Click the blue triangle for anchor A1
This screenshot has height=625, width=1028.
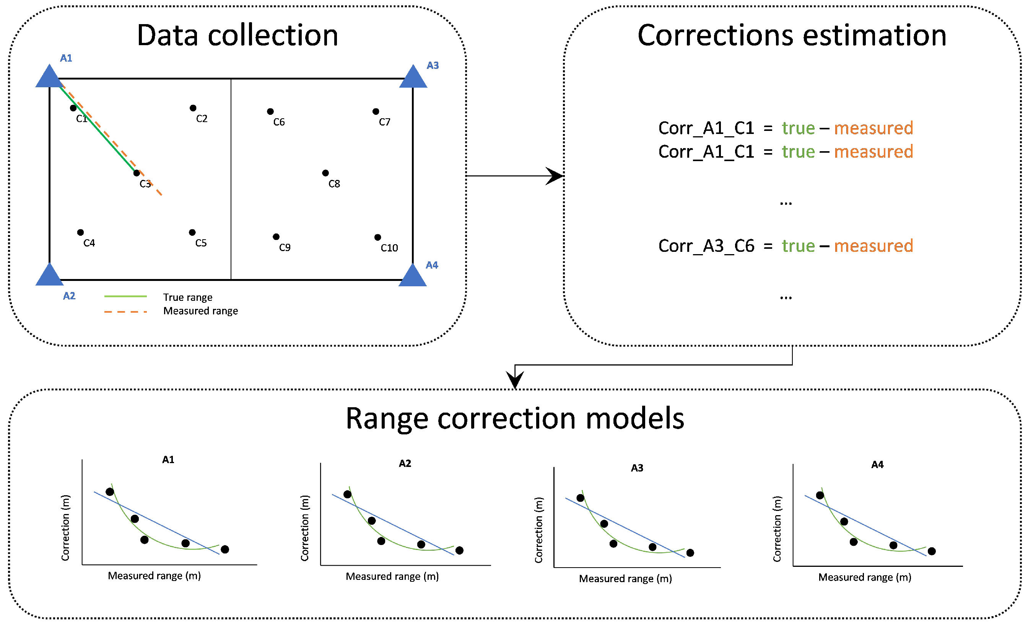click(49, 78)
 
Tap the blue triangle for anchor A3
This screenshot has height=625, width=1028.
click(413, 78)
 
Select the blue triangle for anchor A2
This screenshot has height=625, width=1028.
click(49, 276)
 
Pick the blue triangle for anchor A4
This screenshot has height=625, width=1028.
click(413, 276)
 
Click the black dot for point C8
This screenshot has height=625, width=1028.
click(325, 173)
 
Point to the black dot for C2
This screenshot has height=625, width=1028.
click(193, 108)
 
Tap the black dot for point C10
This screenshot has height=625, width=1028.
click(377, 237)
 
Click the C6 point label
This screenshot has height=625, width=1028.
click(279, 122)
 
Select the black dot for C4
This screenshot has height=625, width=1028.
click(81, 232)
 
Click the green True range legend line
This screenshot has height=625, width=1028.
click(125, 296)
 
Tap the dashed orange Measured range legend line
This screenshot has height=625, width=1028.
click(125, 312)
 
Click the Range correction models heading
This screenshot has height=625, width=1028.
click(515, 418)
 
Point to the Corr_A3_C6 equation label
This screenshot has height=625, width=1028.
click(706, 246)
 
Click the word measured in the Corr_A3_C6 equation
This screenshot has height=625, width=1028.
click(873, 246)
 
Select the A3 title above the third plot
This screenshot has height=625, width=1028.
click(637, 468)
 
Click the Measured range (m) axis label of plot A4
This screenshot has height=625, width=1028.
click(864, 577)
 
